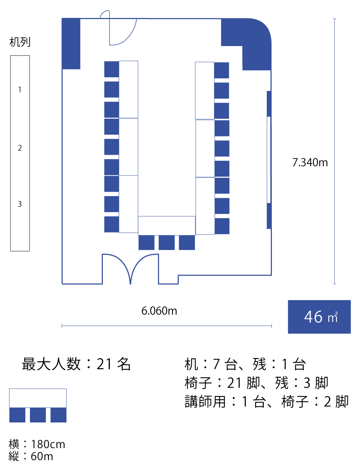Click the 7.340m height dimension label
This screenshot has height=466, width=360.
coord(310,163)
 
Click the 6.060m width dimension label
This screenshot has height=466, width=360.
coord(159,311)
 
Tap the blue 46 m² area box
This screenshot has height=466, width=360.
coord(319,317)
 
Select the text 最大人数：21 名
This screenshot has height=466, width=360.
coord(76,364)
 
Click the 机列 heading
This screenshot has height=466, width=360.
coord(20,42)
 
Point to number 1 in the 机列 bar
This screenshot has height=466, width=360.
coord(20,90)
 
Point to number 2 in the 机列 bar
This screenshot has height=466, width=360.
coord(20,148)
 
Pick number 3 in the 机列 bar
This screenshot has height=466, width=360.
coord(20,204)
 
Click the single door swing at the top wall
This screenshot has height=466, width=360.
coord(120,31)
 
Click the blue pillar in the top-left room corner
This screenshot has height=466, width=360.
coord(71,44)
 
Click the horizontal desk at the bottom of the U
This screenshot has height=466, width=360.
coord(167,226)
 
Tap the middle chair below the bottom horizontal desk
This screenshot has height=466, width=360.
coord(167,243)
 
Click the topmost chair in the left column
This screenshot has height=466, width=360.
coord(111,69)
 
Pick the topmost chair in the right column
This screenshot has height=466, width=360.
coord(222,70)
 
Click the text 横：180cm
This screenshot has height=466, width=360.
coord(37,444)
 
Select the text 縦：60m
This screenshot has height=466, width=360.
coord(31,456)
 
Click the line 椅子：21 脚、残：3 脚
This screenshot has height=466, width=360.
coord(256,383)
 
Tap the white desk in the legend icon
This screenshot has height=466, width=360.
coord(38,398)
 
